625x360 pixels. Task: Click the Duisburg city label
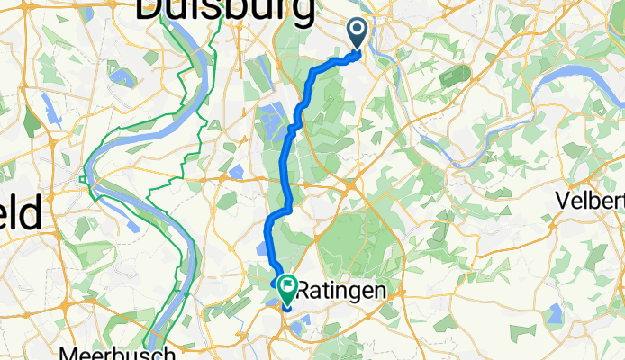pos(224,11)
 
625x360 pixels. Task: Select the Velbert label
pos(591,200)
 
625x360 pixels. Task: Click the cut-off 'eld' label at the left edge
pos(20,215)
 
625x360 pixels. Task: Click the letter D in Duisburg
pos(149,11)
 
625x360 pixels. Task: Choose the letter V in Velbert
pos(564,200)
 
